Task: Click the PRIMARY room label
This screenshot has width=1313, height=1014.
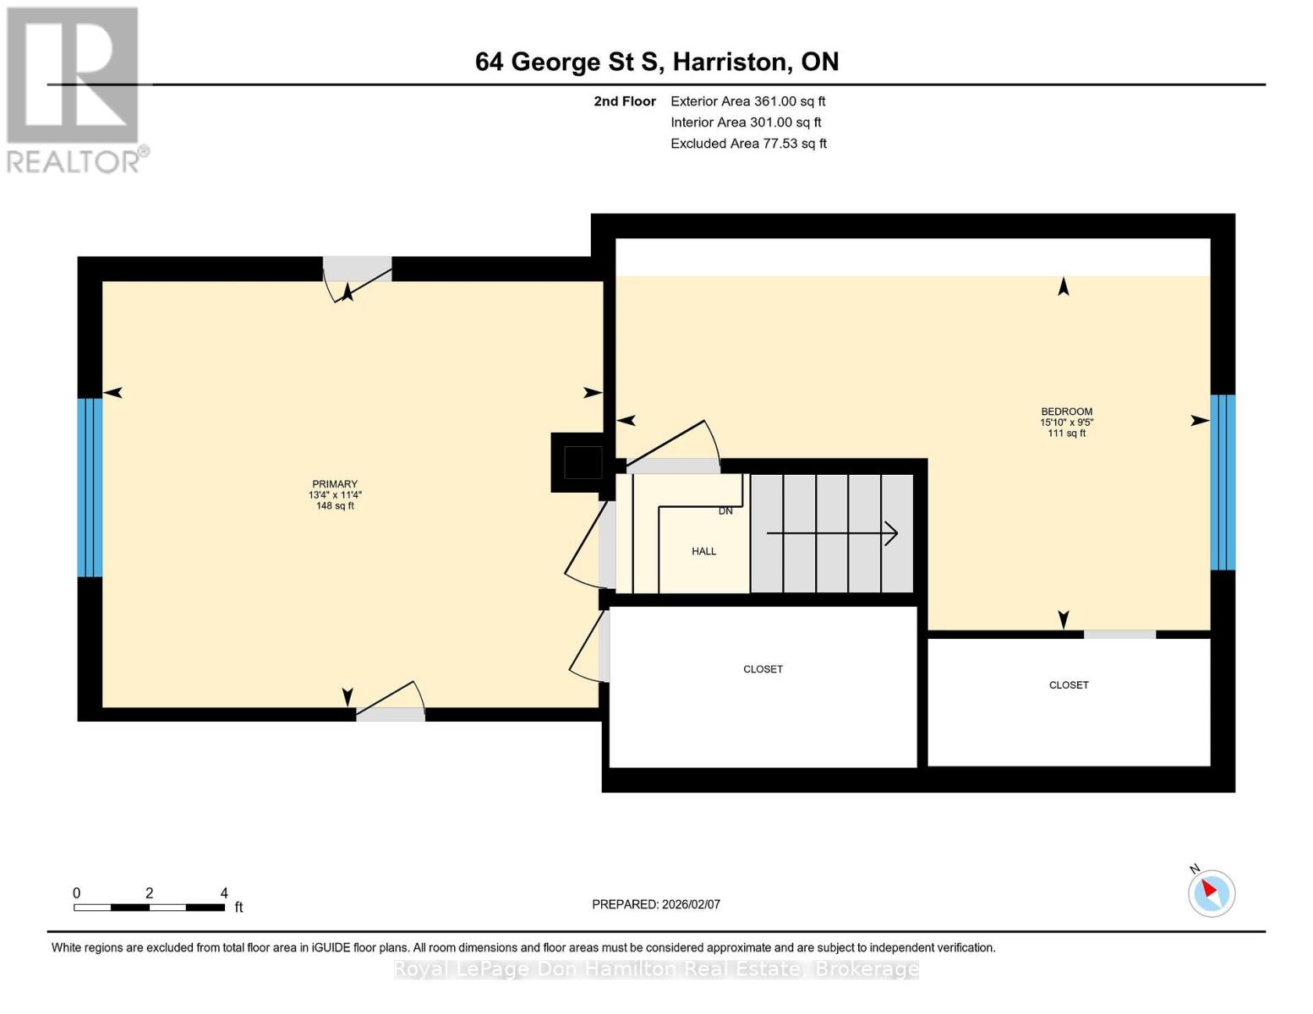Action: [335, 485]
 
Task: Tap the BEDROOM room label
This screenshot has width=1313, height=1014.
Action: [1066, 412]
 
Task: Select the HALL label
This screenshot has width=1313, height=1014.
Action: [703, 552]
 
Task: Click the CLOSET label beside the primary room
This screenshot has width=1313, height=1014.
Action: [763, 669]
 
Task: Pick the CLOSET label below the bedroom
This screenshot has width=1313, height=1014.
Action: [1069, 685]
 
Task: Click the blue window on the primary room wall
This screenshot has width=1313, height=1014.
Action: [90, 488]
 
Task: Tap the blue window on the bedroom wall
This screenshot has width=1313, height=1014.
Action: [1223, 482]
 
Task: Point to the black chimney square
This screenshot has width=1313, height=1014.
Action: [583, 463]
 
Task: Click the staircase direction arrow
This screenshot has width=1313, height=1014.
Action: [832, 533]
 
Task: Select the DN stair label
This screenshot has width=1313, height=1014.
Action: [725, 511]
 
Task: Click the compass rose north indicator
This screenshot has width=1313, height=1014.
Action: [1211, 891]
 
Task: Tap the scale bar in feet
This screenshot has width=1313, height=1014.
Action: [149, 908]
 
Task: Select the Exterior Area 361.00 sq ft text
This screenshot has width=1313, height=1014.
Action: [747, 101]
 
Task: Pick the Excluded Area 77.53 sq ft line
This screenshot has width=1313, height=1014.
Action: [748, 144]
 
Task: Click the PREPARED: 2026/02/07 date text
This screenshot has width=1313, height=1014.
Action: [656, 904]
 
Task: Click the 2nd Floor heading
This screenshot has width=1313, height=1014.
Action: [625, 101]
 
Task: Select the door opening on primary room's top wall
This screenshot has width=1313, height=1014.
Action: [358, 270]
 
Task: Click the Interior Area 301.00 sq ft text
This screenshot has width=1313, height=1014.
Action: [746, 123]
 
